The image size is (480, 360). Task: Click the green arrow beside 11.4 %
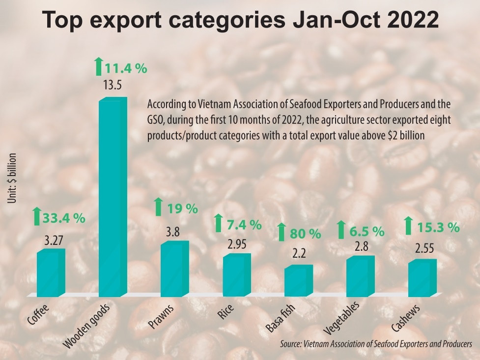click(x=98, y=66)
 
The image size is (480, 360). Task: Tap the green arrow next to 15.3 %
click(x=408, y=226)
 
